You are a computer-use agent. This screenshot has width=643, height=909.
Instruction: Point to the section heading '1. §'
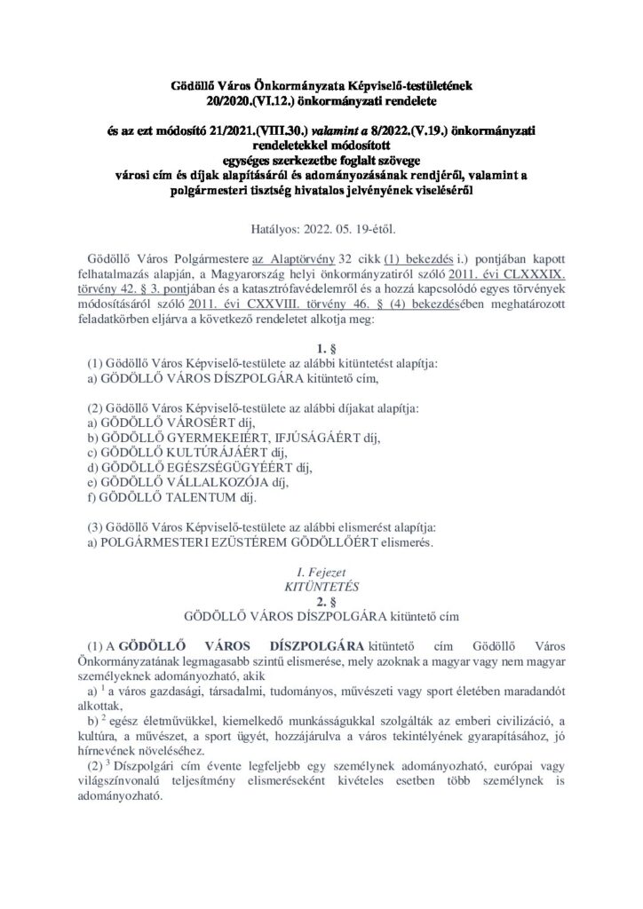point(321,349)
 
